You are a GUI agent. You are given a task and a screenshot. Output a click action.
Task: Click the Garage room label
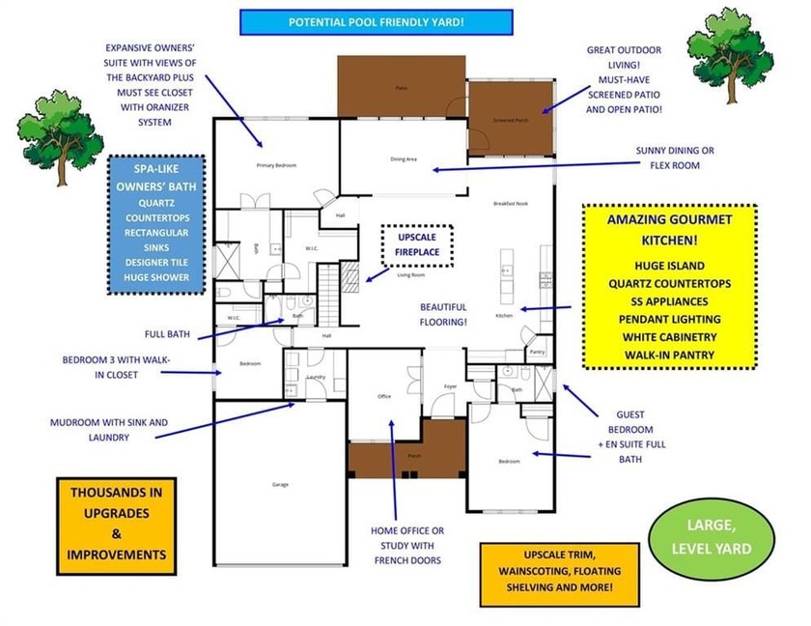point(279,484)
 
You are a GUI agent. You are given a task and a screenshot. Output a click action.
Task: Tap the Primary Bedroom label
point(274,165)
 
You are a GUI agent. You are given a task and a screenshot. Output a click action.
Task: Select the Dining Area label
point(403,158)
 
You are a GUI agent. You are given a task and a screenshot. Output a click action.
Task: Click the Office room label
point(383,396)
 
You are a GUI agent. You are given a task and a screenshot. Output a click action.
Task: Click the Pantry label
point(537,353)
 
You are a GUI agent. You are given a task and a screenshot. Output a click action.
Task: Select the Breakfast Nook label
point(510,204)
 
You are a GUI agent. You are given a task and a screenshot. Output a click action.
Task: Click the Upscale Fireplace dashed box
point(417,242)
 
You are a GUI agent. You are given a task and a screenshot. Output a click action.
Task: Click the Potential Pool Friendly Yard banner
point(376,21)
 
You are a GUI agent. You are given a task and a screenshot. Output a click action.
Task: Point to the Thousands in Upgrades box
point(117,524)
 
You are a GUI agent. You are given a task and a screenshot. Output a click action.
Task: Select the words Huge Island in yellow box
point(669,265)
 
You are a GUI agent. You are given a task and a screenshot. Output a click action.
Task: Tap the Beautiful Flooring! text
point(444,314)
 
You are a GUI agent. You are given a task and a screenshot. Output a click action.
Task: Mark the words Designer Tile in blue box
point(155,261)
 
